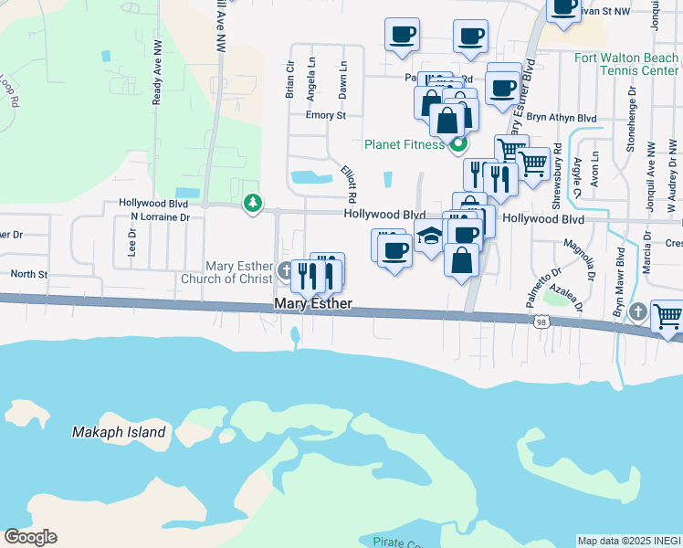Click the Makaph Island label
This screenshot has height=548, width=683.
120,432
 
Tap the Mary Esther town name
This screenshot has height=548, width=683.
313,303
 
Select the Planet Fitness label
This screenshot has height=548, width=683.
405,143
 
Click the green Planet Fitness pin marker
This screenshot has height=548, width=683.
459,143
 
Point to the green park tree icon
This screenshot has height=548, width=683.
253,203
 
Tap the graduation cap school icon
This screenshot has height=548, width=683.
428,237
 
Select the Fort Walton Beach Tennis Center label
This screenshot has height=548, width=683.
626,64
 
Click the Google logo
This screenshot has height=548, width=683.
30,536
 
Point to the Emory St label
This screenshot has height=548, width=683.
326,116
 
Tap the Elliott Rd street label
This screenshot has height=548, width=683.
348,184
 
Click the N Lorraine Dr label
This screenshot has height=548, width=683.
160,217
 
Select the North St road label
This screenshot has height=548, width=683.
28,274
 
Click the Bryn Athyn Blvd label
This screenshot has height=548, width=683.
562,119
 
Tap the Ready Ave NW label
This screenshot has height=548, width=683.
157,83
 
